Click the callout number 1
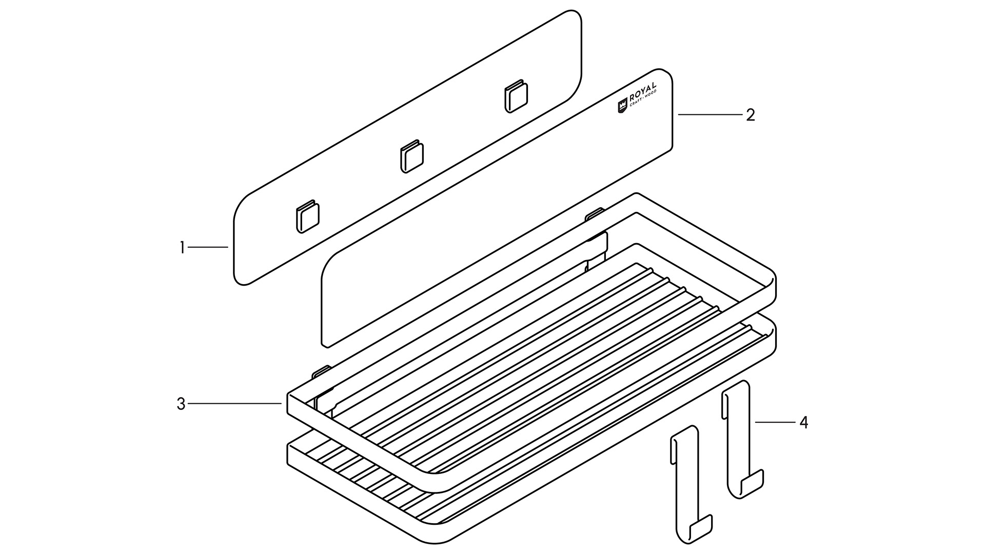pyautogui.click(x=182, y=248)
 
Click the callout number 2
pyautogui.click(x=750, y=115)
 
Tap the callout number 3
pyautogui.click(x=181, y=404)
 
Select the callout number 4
pyautogui.click(x=803, y=423)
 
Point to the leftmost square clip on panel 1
pyautogui.click(x=307, y=217)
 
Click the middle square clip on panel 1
pyautogui.click(x=411, y=156)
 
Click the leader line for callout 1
pyautogui.click(x=208, y=247)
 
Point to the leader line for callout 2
pyautogui.click(x=711, y=115)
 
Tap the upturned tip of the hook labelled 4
pyautogui.click(x=753, y=482)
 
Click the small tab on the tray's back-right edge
pyautogui.click(x=595, y=213)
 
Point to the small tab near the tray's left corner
pyautogui.click(x=321, y=371)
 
